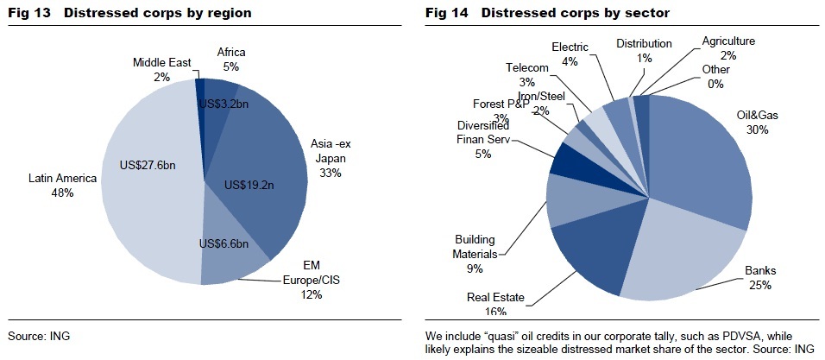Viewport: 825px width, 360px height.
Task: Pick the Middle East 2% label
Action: [161, 69]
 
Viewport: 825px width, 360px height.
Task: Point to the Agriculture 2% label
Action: [727, 47]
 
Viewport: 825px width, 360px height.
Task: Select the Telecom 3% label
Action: [527, 74]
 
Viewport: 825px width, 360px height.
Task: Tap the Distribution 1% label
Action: [645, 50]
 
